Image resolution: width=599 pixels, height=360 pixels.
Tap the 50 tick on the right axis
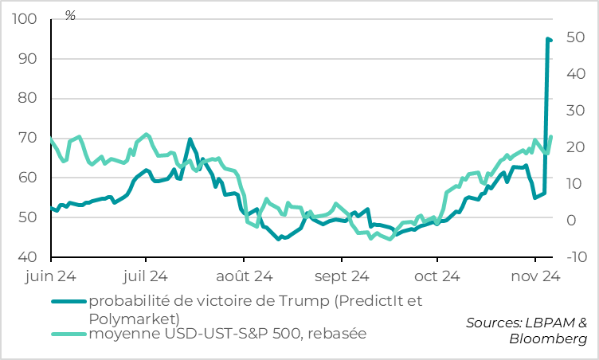tap(575, 37)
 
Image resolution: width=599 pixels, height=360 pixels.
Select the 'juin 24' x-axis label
tap(51, 277)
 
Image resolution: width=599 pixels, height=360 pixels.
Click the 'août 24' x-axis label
tap(244, 277)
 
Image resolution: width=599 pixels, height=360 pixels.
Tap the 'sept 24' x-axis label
tap(341, 277)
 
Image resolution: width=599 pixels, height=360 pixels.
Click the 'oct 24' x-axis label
tap(437, 277)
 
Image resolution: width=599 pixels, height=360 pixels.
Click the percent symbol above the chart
tap(70, 16)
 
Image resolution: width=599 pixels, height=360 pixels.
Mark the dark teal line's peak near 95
tap(548, 38)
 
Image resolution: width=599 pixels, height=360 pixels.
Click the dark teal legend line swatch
tap(69, 301)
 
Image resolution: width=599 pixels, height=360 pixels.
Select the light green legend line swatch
tap(69, 333)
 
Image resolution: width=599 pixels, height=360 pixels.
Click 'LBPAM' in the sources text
tap(548, 323)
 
